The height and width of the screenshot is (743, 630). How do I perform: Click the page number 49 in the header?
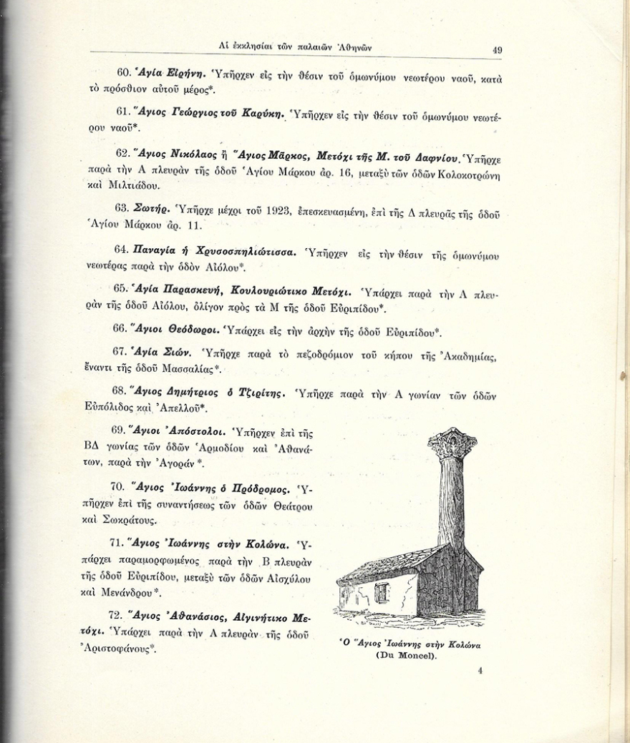click(x=497, y=51)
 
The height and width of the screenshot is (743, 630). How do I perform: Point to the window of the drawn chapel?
click(x=381, y=592)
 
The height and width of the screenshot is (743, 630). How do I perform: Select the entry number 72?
click(x=119, y=616)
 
